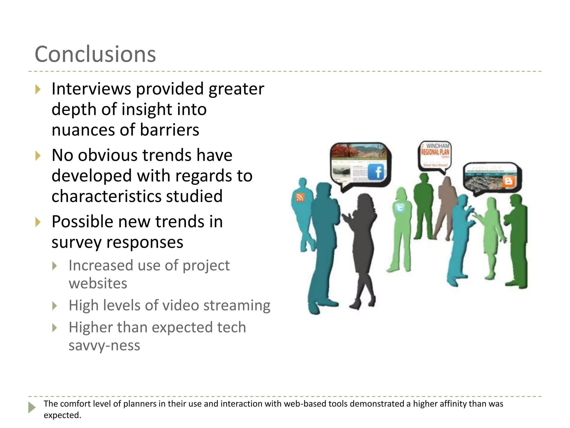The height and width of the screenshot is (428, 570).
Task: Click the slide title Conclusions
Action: click(95, 54)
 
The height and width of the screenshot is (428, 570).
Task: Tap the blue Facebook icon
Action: click(376, 172)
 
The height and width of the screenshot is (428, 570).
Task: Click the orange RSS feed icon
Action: click(300, 198)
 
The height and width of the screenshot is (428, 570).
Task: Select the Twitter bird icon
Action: click(400, 208)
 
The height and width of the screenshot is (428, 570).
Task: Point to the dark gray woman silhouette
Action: click(362, 245)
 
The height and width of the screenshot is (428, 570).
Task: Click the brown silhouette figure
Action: click(445, 206)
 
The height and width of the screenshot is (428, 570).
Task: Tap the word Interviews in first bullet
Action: click(91, 89)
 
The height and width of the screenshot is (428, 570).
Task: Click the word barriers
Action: click(169, 130)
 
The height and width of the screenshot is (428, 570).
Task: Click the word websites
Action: click(98, 283)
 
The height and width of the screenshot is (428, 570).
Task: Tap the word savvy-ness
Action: click(104, 346)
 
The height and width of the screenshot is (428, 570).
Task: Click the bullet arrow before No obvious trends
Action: click(38, 156)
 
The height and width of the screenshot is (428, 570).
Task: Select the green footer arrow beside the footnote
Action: click(32, 407)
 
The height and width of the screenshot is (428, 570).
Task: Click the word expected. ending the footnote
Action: click(62, 415)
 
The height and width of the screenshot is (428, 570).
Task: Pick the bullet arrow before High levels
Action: click(55, 306)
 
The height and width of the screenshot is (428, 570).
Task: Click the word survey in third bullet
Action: click(73, 242)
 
